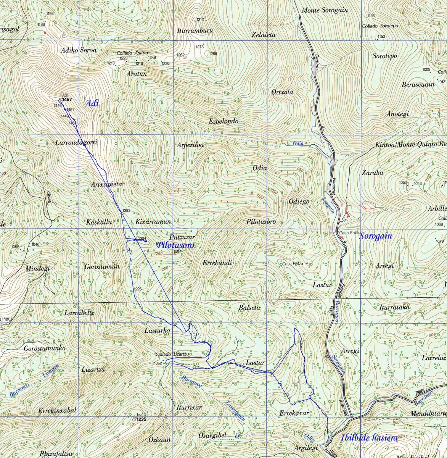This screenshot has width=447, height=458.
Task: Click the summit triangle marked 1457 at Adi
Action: (x=59, y=100)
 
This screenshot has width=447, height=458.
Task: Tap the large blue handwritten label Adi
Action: (x=92, y=103)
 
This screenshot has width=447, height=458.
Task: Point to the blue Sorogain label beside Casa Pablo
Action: (x=375, y=236)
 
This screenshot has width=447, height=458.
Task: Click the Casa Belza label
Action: (x=294, y=264)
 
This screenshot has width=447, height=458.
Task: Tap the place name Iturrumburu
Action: (x=195, y=31)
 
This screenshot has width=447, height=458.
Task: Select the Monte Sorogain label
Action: (x=325, y=10)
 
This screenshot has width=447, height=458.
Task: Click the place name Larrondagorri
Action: (x=76, y=142)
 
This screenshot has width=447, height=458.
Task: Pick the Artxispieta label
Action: (x=107, y=184)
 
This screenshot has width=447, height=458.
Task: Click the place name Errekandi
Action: (x=217, y=263)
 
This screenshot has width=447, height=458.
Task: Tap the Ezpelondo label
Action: (x=223, y=121)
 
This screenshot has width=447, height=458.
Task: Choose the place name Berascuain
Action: (x=418, y=84)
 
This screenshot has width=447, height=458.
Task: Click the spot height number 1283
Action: (x=127, y=210)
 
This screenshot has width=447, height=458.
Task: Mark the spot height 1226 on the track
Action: (x=138, y=289)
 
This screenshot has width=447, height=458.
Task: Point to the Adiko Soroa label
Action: (x=79, y=50)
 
